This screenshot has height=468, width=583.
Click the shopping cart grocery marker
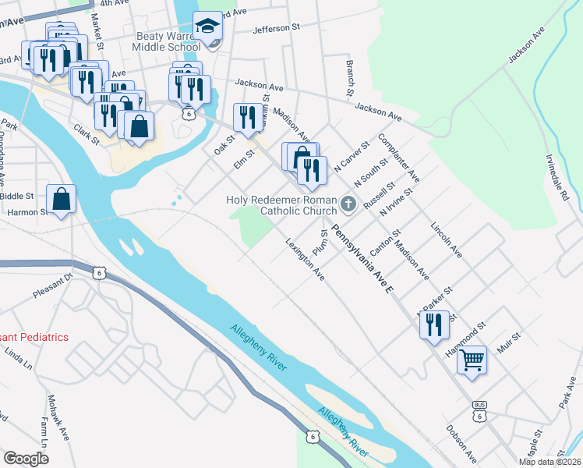tap(472, 360)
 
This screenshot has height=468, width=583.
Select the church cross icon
tap(348, 205)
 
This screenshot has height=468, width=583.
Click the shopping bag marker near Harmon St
tap(61, 200)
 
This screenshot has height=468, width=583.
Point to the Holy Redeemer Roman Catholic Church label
tap(281, 204)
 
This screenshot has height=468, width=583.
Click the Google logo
tap(26, 459)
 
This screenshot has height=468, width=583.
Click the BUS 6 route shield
tap(480, 412)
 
